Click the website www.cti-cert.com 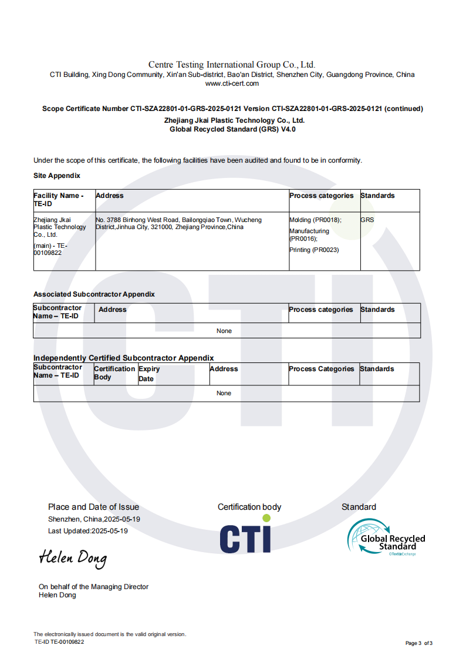tap(232, 83)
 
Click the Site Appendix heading tap(57, 176)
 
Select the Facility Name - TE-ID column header tap(59, 200)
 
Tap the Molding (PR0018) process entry tap(315, 220)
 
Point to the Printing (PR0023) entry tap(314, 250)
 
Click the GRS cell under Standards tap(367, 220)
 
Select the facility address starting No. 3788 tap(178, 223)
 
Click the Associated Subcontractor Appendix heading tap(94, 294)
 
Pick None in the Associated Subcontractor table tap(224, 331)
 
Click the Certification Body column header tap(114, 373)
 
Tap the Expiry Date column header tap(149, 374)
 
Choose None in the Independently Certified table tap(224, 394)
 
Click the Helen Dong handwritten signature tap(73, 558)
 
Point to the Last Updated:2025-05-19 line tap(88, 531)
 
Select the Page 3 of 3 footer tap(419, 643)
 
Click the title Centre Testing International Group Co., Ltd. tap(232, 65)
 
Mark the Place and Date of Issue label tap(94, 507)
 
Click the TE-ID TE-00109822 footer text tap(59, 642)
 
